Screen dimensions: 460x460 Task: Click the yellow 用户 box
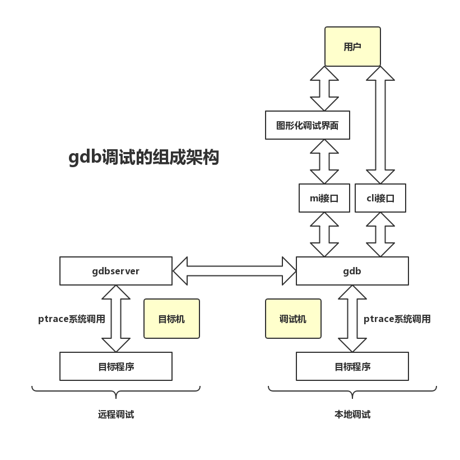pos(352,47)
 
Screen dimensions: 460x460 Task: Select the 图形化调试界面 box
pos(307,125)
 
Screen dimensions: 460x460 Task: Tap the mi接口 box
pos(324,198)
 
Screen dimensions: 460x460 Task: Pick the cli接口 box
pos(380,198)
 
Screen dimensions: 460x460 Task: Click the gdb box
pos(352,271)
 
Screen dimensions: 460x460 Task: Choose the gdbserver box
pos(115,271)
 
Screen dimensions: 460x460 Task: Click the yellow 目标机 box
pos(171,319)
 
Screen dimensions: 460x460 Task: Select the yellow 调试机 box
pos(293,319)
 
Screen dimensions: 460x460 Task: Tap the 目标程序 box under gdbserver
pos(115,366)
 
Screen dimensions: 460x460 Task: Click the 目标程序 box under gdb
pos(352,366)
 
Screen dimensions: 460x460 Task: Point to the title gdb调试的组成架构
pos(143,158)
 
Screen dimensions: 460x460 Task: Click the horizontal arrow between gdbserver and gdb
pos(234,271)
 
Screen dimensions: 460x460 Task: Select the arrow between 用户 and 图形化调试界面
pos(324,89)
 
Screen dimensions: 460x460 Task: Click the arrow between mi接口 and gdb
pos(324,234)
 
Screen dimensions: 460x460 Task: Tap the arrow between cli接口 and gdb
pos(380,234)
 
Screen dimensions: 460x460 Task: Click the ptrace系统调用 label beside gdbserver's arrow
pos(71,319)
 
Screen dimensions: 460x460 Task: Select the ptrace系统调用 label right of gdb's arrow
pos(397,319)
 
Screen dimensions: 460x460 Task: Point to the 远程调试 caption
pos(115,415)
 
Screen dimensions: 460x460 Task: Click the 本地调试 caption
pos(352,415)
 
